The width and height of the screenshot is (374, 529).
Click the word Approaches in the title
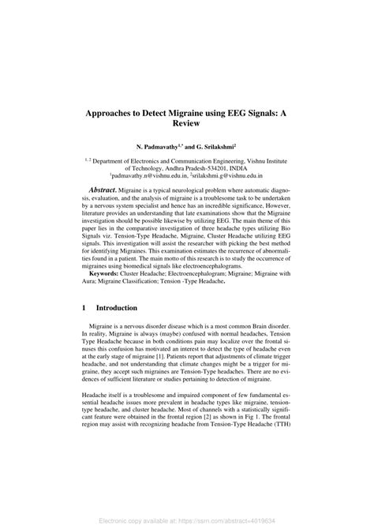point(115,114)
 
